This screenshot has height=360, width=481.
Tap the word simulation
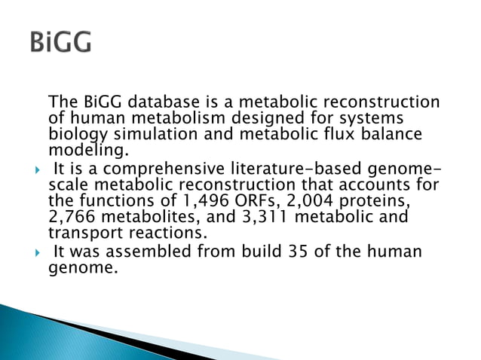pyautogui.click(x=180, y=135)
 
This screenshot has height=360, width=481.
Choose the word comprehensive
pyautogui.click(x=171, y=168)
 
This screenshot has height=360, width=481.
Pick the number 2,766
pyautogui.click(x=71, y=216)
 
